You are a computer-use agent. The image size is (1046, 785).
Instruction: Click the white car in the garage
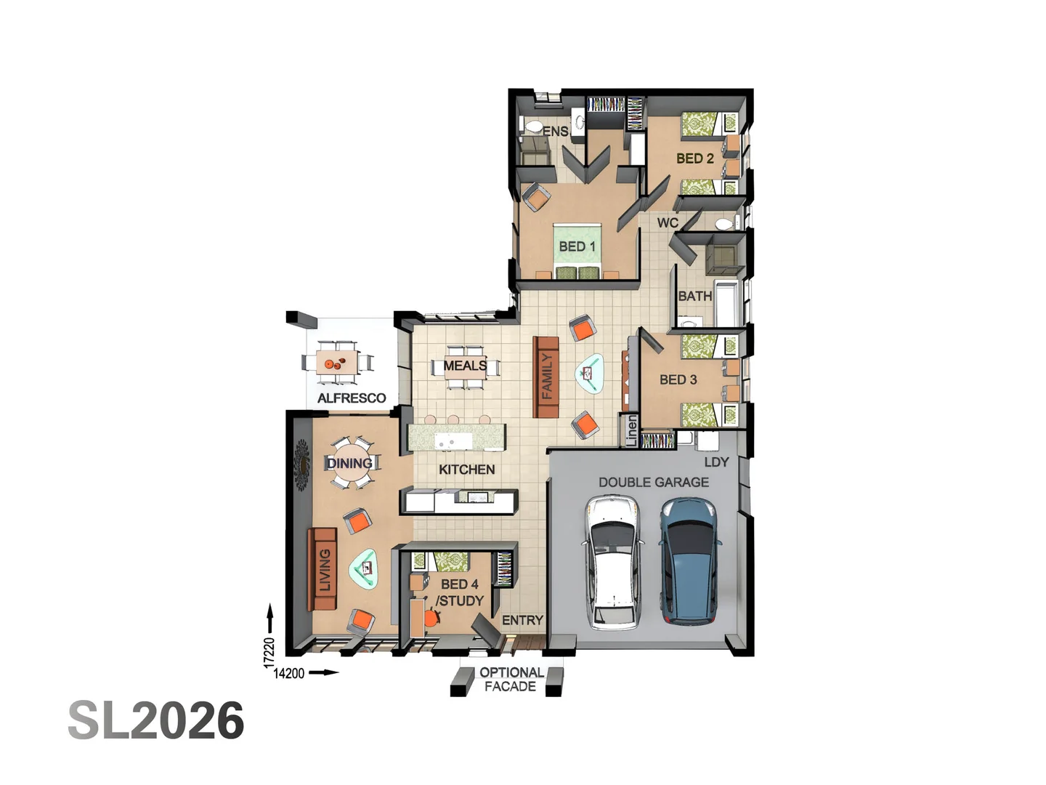[x=612, y=561]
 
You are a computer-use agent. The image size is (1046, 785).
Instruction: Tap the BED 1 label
[x=577, y=246]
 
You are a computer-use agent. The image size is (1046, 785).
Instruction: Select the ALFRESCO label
[x=352, y=398]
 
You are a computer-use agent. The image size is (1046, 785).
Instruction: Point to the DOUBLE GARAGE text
[x=654, y=482]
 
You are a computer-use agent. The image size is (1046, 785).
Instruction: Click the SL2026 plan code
[x=156, y=721]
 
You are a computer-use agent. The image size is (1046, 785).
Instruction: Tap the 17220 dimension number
[x=269, y=652]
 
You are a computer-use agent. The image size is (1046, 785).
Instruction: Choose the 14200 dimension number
[x=288, y=674]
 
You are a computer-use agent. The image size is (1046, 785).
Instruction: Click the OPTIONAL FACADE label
[x=511, y=680]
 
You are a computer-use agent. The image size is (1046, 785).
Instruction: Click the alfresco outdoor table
[x=337, y=361]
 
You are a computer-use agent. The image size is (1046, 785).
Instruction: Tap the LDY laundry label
[x=716, y=462]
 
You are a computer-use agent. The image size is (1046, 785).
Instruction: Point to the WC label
[x=668, y=222]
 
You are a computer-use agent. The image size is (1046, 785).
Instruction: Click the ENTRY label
[x=522, y=620]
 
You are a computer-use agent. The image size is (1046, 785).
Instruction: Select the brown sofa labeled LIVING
[x=324, y=569]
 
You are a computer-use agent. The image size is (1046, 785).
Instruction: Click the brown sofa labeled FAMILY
[x=546, y=377]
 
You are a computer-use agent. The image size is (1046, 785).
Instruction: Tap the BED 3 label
[x=678, y=379]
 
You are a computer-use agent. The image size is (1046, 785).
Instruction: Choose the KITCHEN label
[x=466, y=470]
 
